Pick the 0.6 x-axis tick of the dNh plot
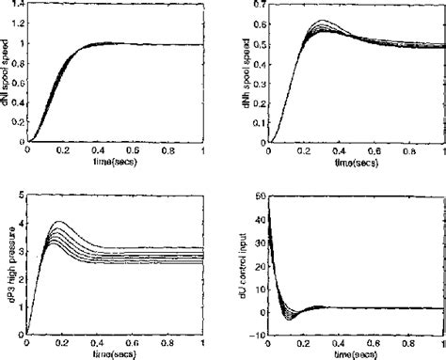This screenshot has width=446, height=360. pos(374,151)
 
